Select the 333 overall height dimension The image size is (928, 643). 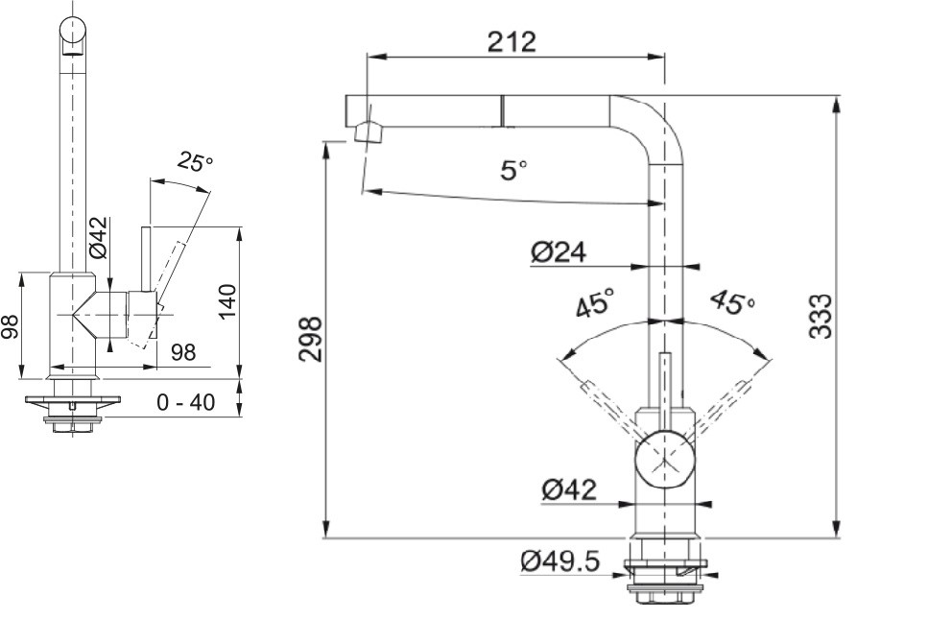pos(820,316)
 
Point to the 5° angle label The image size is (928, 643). pos(514,171)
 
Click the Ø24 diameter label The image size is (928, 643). pos(558,252)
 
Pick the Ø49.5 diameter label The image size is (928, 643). pos(560,561)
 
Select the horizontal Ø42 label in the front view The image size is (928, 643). pos(568,489)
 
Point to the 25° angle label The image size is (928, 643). pos(196,162)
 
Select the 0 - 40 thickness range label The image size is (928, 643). pos(185,403)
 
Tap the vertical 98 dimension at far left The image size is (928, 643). pos(11,328)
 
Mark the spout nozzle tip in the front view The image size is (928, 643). pos(366,131)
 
